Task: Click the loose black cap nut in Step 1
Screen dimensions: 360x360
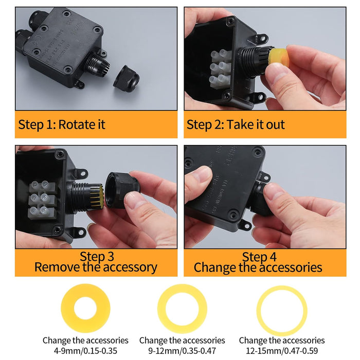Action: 127,79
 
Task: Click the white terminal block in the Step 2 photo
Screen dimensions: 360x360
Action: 221,69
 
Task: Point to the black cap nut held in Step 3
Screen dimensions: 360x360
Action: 122,190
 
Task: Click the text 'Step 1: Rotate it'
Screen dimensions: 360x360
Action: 62,124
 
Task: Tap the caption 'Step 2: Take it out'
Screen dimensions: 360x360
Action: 236,124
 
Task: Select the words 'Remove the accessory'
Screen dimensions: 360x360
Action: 96,267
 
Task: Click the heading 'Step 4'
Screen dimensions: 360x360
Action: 259,257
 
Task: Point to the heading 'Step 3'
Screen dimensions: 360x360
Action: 97,256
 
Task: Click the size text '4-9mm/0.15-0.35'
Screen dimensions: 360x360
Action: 85,351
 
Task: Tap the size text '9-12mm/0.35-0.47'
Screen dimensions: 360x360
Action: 182,351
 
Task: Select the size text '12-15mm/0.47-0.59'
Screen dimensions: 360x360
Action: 282,351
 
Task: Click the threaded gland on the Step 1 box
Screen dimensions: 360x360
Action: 97,65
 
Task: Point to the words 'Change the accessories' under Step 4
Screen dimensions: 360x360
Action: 258,267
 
